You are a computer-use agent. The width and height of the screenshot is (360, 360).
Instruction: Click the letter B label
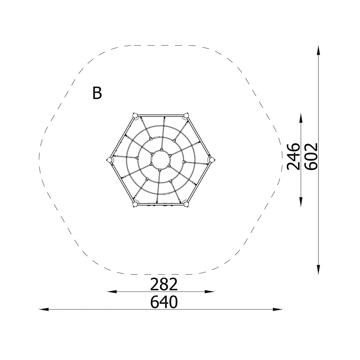97,93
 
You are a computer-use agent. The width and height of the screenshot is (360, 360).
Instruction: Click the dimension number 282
164,284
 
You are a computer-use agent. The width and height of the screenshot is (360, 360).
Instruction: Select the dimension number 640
164,302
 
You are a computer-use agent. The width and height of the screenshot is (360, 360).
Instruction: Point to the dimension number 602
311,156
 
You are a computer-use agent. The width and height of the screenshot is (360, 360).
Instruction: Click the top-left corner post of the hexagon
135,115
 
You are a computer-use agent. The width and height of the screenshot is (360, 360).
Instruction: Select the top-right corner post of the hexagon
186,115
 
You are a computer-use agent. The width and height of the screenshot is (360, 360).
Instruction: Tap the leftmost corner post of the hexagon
110,159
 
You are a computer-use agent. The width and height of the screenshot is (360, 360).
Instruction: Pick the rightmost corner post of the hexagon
211,159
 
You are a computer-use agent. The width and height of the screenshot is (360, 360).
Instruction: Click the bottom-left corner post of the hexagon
135,204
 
